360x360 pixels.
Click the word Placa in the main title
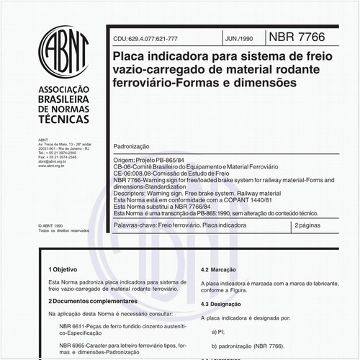click(x=127, y=55)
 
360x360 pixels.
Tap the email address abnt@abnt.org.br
click(x=53, y=162)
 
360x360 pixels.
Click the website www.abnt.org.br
click(x=52, y=166)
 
